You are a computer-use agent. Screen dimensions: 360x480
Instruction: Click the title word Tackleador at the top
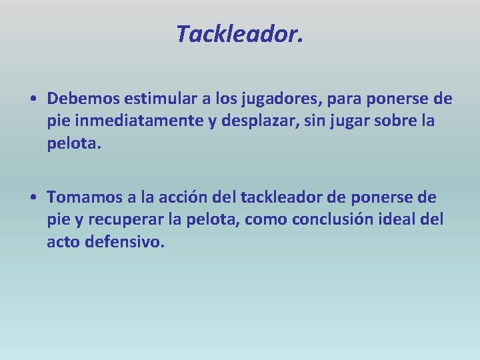(239, 33)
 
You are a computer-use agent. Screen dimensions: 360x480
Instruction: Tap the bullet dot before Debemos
(33, 100)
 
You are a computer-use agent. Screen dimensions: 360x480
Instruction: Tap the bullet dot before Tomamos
(33, 197)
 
